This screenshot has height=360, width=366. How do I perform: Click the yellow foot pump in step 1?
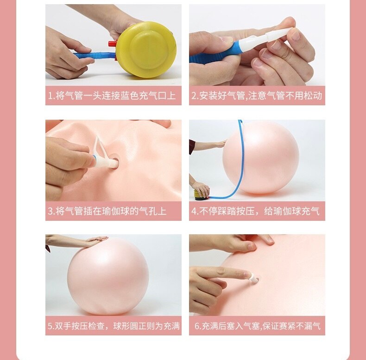[x=146, y=50]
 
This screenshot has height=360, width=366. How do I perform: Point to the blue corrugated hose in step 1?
[x=95, y=56]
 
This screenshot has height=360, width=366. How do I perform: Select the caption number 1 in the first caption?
[x=50, y=96]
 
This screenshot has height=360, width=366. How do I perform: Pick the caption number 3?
[x=50, y=211]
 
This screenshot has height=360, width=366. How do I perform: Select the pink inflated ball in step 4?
[x=260, y=158]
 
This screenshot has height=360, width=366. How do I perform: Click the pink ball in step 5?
[x=108, y=276]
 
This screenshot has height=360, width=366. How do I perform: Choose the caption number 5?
[x=50, y=326]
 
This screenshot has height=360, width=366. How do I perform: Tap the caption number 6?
[x=197, y=326]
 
